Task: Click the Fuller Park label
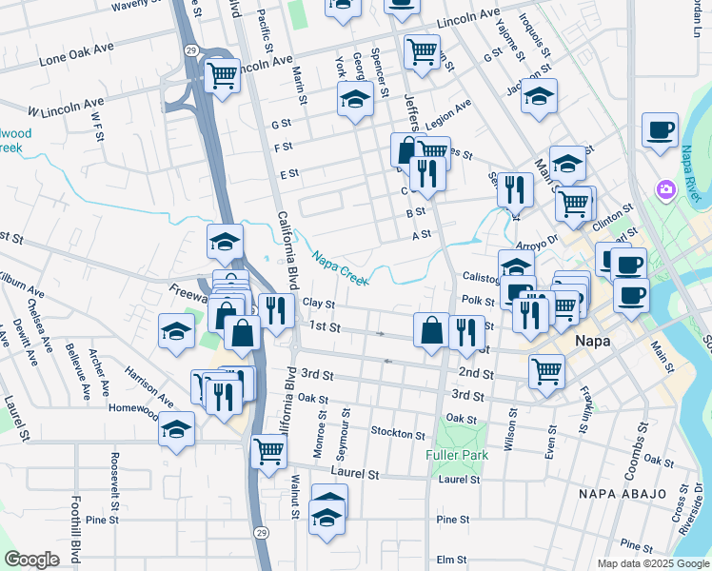coord(458,455)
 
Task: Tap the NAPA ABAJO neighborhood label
coord(619,494)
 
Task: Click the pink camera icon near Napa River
coord(665,191)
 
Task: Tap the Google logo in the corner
coord(31,560)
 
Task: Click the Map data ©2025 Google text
coord(653,563)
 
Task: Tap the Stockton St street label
coord(398,433)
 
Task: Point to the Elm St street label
coord(451,560)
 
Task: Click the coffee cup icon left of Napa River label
coord(659,129)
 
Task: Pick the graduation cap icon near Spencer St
coord(355,98)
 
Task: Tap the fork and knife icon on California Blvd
coord(276,310)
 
